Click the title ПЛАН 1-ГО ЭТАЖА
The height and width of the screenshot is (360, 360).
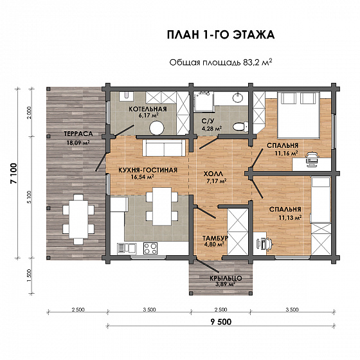(221, 35)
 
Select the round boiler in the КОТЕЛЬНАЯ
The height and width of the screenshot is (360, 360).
(157, 128)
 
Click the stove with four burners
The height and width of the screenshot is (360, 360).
(150, 248)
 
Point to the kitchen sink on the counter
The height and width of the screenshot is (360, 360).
(127, 249)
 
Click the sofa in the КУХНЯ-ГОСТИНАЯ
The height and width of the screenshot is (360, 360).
(164, 148)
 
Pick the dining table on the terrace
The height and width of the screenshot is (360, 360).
(78, 219)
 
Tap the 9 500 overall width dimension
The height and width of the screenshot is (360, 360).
(221, 322)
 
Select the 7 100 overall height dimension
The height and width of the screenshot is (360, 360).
(14, 174)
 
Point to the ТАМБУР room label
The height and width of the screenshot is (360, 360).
(215, 238)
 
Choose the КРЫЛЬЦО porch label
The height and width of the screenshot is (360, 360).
(226, 278)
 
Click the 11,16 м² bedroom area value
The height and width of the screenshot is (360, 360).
(286, 153)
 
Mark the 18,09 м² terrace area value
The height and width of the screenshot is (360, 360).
(78, 143)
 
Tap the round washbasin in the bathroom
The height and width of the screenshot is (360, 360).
(239, 98)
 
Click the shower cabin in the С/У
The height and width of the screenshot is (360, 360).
(204, 102)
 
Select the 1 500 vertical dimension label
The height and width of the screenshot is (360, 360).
(29, 276)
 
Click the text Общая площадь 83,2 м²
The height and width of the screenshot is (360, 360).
(221, 62)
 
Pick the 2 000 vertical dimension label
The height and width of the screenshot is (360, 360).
(29, 113)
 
